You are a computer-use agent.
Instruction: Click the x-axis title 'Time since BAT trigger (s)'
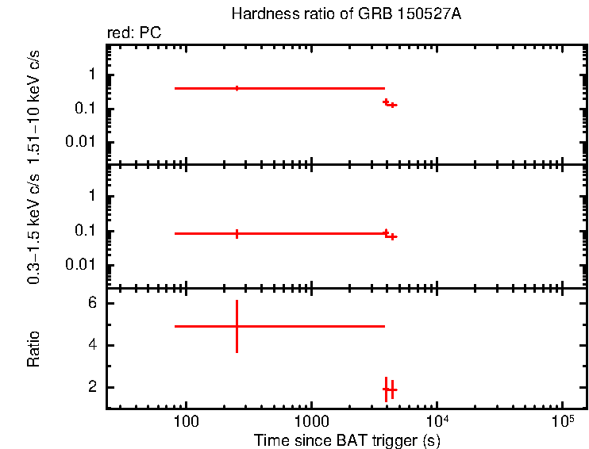[x=346, y=439]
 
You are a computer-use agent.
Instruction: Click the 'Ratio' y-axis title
[x=34, y=349]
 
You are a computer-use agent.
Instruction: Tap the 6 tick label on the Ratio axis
[x=92, y=303]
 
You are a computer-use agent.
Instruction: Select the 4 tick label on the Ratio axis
[x=92, y=345]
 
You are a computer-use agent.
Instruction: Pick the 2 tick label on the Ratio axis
[x=92, y=387]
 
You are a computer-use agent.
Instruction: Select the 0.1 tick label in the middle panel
[x=86, y=231]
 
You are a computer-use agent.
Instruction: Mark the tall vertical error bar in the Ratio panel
[x=237, y=326]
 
